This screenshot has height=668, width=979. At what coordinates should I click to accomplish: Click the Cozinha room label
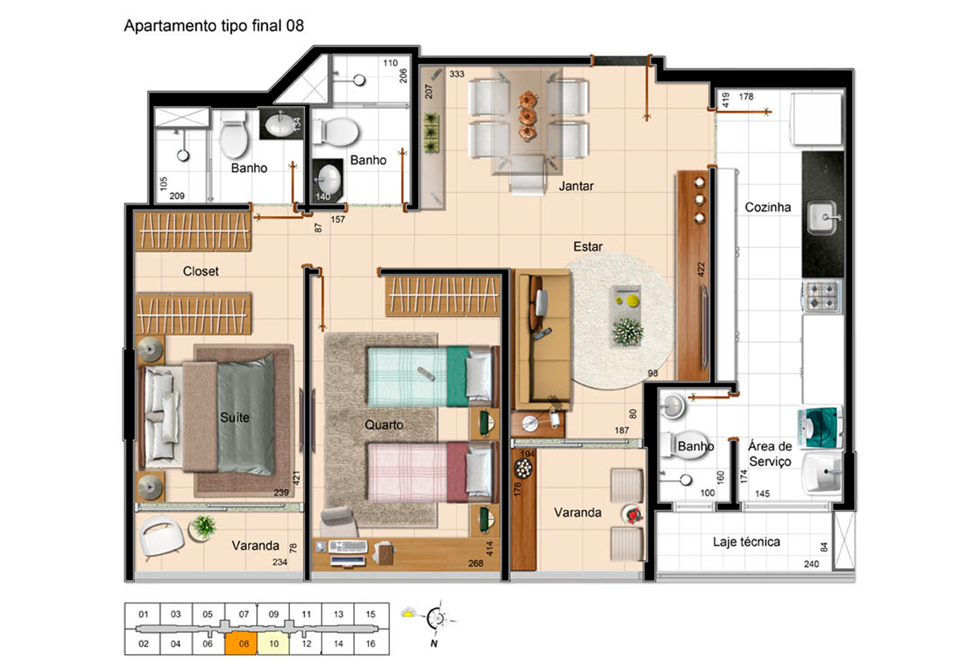767,207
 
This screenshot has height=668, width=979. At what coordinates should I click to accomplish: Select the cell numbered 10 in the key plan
274,643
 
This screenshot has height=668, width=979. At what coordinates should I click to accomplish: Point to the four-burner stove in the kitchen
822,296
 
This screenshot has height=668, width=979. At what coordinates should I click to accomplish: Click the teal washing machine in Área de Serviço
820,427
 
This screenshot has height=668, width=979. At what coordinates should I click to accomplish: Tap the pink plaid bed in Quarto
432,472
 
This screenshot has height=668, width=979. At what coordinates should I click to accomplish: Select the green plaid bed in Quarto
432,376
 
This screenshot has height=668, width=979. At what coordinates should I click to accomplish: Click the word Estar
588,247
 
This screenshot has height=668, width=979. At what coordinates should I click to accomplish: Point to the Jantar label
576,186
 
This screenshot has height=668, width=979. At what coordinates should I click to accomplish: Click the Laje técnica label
746,542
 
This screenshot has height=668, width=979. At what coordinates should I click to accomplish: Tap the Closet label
200,271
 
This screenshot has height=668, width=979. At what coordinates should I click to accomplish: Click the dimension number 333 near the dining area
456,74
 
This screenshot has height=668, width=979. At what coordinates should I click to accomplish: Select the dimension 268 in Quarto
476,563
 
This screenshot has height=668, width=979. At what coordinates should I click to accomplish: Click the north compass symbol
436,618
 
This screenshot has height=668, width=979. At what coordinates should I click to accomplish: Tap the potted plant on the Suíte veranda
203,527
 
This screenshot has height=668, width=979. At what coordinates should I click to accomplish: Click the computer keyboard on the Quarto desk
348,546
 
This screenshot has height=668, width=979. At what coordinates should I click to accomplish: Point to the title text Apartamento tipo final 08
214,26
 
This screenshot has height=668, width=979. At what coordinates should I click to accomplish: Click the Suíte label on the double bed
234,418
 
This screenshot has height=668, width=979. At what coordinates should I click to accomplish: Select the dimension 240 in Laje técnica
811,564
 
